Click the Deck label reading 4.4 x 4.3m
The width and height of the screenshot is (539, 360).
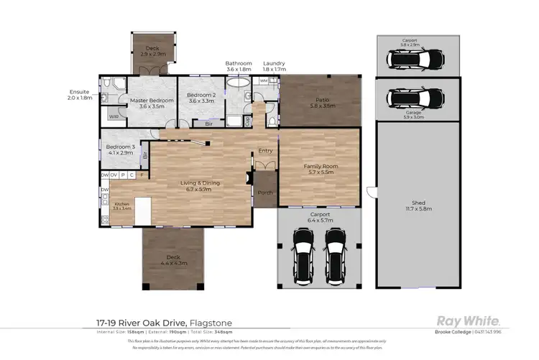pos(172,260)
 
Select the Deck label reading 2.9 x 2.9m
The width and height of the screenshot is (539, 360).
pos(152,50)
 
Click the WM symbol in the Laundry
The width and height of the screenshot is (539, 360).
pos(263,81)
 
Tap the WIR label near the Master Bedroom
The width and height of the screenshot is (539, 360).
pos(114,116)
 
